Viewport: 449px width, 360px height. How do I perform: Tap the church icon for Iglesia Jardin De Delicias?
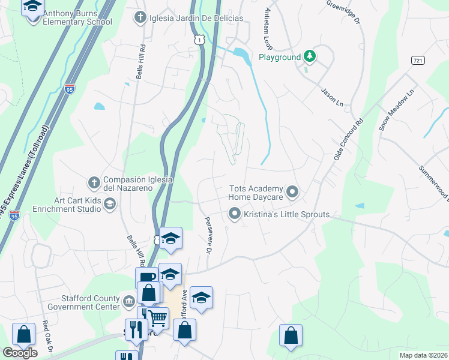139,17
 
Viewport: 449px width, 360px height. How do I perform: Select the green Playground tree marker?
310,57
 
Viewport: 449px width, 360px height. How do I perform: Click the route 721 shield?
418,61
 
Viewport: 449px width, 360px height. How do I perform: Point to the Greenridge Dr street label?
343,12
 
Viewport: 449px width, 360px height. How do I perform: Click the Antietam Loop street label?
265,29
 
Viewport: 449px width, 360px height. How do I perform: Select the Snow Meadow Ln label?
389,110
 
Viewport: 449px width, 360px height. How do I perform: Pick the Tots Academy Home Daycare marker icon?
292,192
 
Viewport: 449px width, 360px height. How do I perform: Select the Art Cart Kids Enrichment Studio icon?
109,205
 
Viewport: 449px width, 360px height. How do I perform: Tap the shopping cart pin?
158,318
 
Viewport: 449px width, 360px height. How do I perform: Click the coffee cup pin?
146,278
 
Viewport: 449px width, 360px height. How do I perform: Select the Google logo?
20,353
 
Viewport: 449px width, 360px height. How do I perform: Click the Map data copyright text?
424,355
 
